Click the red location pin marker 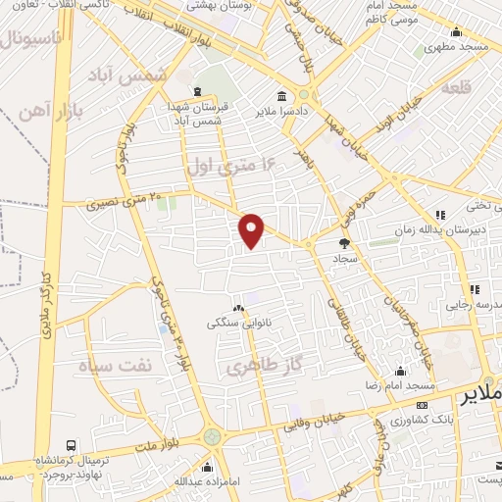tap(253, 230)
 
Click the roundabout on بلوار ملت tap(212, 436)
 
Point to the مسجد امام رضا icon tap(400, 371)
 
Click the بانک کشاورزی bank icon tap(422, 405)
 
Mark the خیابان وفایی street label tap(315, 422)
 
